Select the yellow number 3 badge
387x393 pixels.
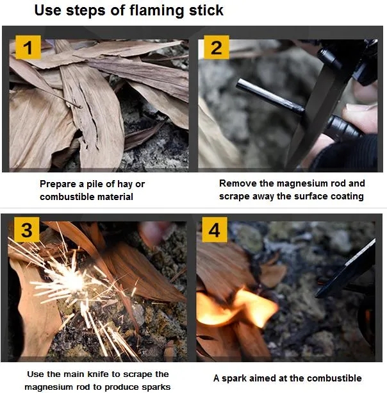(x=27, y=230)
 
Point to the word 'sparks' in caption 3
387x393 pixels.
(x=152, y=387)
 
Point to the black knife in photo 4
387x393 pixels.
(x=349, y=269)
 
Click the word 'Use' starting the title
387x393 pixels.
(x=47, y=10)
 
